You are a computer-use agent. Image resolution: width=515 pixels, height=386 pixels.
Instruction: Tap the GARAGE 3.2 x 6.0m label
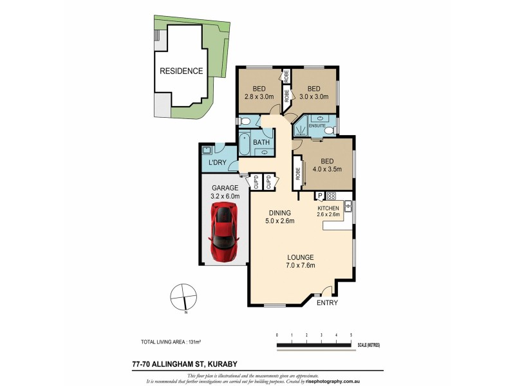pos(221,192)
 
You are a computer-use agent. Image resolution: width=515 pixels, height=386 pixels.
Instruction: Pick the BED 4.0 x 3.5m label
pos(326,165)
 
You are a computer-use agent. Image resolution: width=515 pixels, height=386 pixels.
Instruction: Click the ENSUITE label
pos(317,126)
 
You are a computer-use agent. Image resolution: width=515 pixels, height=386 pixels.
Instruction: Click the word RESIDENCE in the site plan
pos(181,71)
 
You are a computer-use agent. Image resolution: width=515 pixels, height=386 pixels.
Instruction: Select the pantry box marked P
pos(319,196)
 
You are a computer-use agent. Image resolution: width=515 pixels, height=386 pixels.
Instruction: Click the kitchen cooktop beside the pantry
pos(332,196)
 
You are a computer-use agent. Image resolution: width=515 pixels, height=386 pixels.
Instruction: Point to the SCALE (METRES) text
pos(370,345)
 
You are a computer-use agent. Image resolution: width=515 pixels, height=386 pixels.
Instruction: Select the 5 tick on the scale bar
pos(351,335)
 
